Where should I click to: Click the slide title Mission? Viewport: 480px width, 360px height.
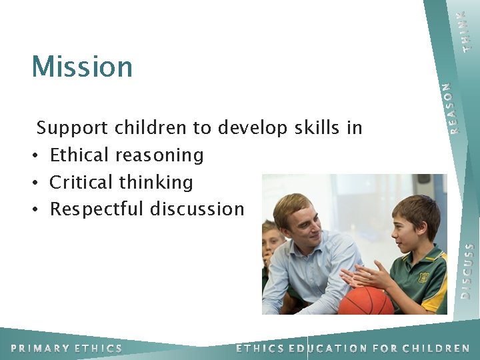pos(82,66)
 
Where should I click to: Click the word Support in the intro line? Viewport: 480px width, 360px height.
pos(73,127)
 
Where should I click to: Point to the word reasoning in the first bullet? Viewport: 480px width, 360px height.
pos(159,156)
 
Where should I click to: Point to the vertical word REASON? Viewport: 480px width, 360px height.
pos(453,107)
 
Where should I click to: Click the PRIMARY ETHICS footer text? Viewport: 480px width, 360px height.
pos(67,348)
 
